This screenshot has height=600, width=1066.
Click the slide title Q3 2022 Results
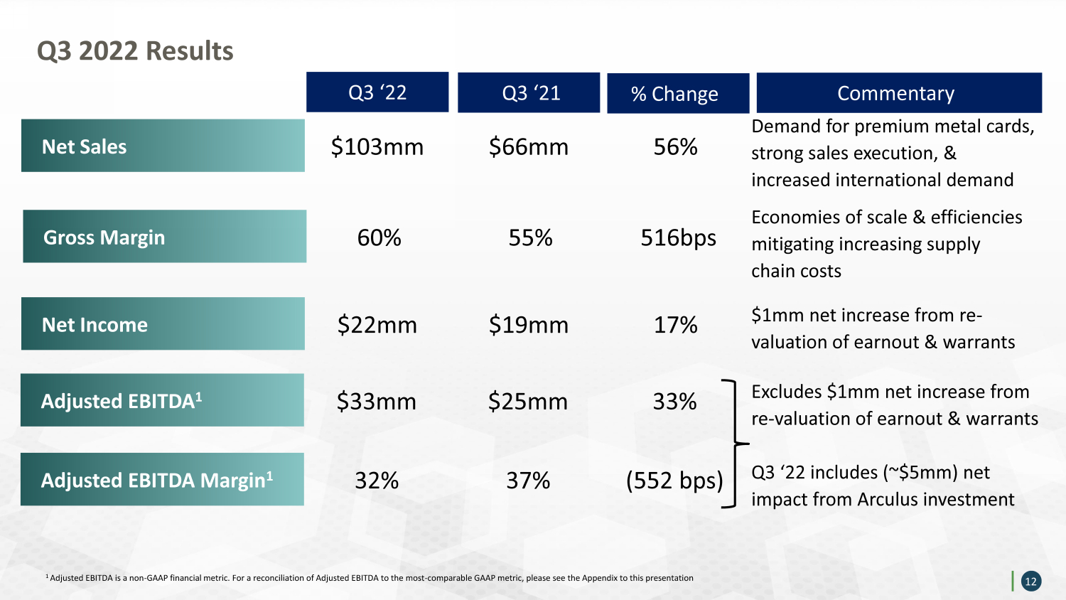(135, 51)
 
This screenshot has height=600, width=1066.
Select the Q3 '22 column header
(377, 92)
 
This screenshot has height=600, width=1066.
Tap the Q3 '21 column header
(529, 92)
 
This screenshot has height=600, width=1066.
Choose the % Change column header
(678, 93)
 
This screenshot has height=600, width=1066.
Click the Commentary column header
(899, 93)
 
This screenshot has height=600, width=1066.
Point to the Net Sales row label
(163, 145)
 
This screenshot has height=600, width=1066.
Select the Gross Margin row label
(165, 236)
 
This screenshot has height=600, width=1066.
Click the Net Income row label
(163, 323)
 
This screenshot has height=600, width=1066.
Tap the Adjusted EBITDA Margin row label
(162, 479)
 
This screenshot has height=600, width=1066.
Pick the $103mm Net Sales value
(377, 146)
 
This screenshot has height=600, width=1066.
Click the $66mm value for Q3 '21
(529, 146)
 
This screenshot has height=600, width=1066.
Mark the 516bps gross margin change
(678, 238)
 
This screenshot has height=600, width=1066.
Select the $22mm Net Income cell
(377, 326)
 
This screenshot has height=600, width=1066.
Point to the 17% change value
(675, 326)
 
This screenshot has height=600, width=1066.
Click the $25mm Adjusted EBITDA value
(528, 402)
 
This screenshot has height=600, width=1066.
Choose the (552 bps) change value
(674, 481)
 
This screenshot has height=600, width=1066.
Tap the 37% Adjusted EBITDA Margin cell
(528, 481)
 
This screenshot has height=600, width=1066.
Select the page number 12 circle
(1031, 582)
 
